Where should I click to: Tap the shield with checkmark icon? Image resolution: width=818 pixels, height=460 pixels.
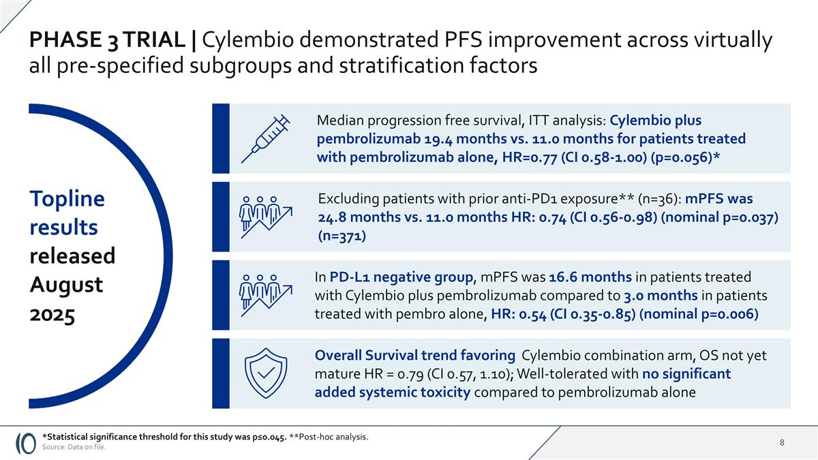click(267, 373)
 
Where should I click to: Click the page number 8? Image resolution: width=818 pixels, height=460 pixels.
click(782, 443)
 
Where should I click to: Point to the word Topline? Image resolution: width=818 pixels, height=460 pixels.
click(67, 199)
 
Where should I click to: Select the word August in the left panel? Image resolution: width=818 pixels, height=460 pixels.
click(66, 284)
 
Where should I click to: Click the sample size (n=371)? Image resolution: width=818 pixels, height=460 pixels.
click(342, 236)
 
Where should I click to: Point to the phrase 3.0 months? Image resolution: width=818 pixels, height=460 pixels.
click(660, 296)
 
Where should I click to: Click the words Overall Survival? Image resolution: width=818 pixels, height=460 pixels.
click(366, 355)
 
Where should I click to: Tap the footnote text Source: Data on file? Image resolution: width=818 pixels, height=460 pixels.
click(74, 447)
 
